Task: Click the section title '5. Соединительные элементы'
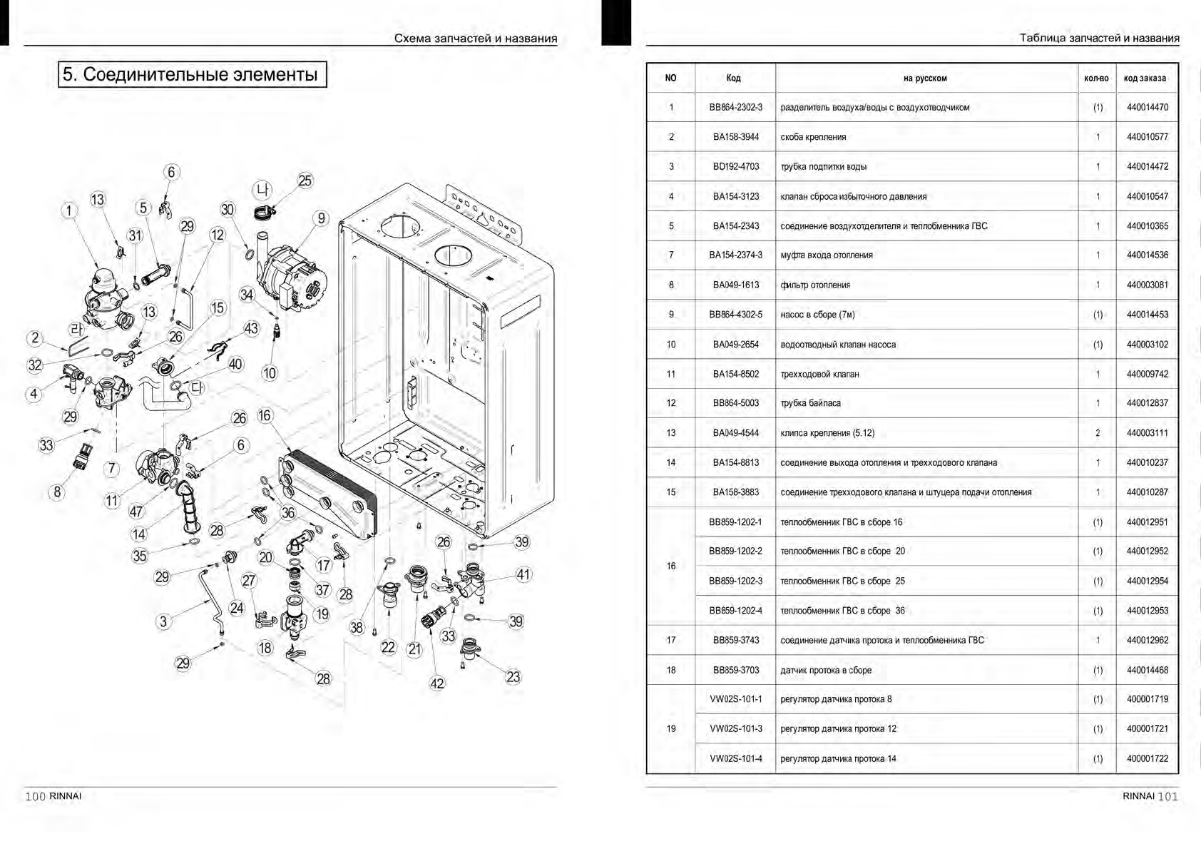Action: pos(192,74)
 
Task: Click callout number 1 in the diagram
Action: pos(69,210)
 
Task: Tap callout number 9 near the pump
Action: pos(322,218)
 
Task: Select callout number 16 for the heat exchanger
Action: pos(265,416)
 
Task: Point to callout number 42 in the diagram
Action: pos(437,683)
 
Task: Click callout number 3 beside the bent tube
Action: pos(163,621)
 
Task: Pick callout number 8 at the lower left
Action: pos(58,492)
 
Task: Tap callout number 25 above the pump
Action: pos(305,181)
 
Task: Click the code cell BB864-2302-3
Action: pos(735,108)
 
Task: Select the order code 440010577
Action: pos(1147,137)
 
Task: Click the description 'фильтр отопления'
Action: pos(815,285)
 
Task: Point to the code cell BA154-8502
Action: pos(735,374)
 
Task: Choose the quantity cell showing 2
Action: pos(1098,433)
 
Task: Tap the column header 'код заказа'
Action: pos(1145,78)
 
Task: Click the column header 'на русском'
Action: pos(925,78)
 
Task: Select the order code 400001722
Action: pos(1147,758)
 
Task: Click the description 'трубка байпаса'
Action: pos(810,403)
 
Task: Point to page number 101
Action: pos(1167,796)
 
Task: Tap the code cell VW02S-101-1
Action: pos(735,699)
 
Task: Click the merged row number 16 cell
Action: pos(670,566)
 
